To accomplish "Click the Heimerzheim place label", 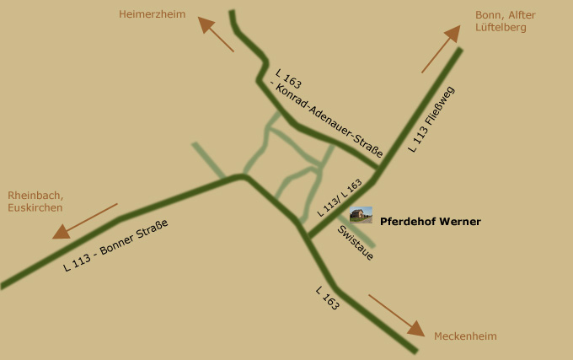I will pos(152,14).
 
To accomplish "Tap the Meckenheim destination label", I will pos(465,336).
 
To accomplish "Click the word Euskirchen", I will pos(35,207).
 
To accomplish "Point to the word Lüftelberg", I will pos(501,27).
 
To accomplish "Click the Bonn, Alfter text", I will pos(505,15).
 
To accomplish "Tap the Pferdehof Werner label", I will pos(431,222).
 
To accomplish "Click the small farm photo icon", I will pos(361,215).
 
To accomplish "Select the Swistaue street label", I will pos(355,242).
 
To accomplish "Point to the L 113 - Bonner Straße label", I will pos(116,244).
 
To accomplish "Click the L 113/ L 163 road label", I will pos(340,198).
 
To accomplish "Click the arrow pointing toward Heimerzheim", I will pos(216,34).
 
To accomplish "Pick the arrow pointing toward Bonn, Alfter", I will pos(441,48).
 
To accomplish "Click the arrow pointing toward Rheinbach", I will pos(84,221).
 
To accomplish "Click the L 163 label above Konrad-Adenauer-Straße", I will pos(288,79).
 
